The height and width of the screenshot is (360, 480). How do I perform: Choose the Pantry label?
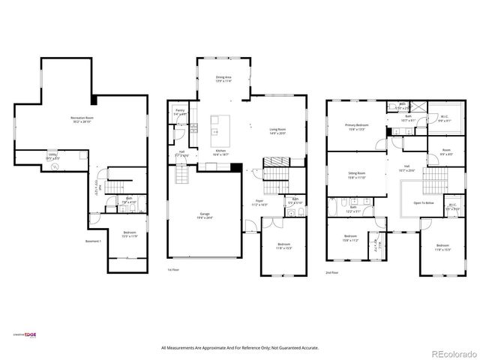[180, 112]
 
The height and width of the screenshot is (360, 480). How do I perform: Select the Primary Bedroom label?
[356, 127]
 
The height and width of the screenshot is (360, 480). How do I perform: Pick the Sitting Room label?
[356, 175]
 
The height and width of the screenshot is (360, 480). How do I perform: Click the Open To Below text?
[424, 202]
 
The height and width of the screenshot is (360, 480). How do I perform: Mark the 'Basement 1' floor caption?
[94, 241]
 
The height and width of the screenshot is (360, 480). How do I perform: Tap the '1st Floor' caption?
[174, 269]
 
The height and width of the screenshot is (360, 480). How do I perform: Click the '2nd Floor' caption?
[332, 272]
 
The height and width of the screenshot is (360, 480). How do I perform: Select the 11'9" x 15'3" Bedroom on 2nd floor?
[442, 247]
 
